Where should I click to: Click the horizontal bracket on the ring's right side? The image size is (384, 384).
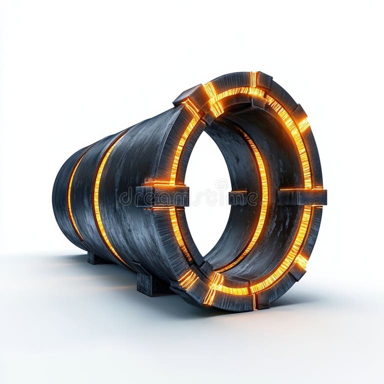(302, 196)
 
